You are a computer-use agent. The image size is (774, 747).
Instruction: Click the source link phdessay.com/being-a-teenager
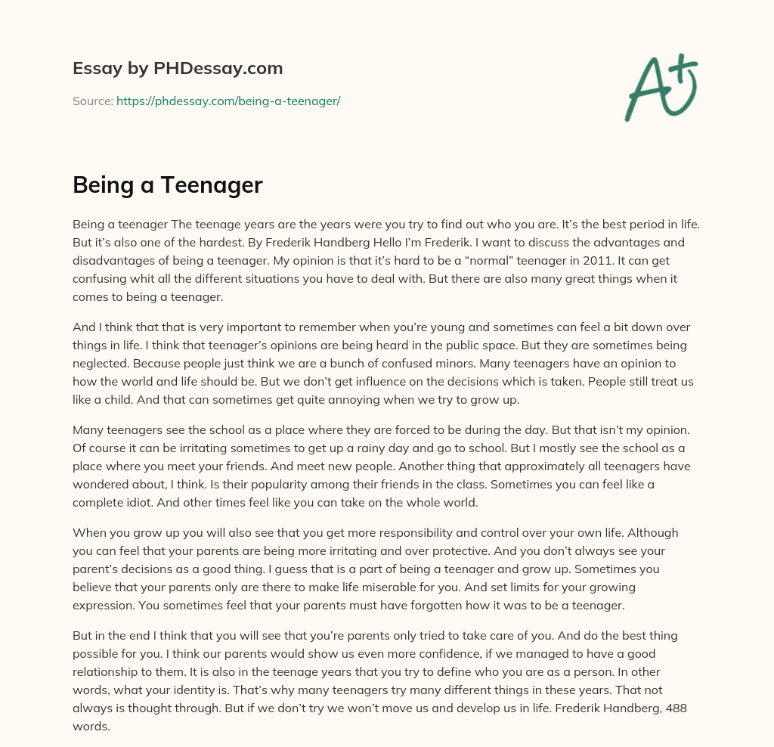tap(228, 101)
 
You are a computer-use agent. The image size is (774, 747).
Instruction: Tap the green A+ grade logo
tap(660, 86)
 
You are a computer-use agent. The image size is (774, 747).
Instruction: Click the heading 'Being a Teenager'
tap(167, 184)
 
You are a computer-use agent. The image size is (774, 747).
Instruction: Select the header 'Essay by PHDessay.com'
tap(178, 68)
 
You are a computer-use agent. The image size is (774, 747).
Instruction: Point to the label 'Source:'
tap(92, 101)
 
